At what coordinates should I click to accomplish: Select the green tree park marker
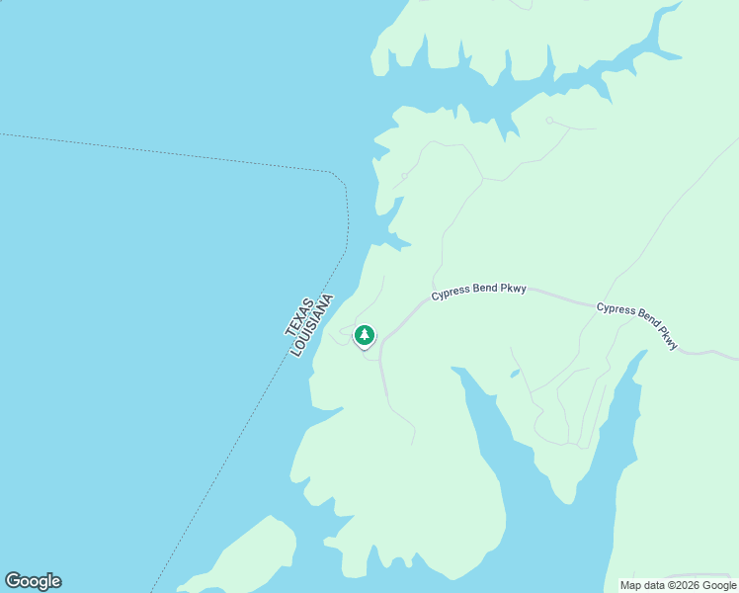point(365,336)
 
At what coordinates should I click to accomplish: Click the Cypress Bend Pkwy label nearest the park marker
point(478,293)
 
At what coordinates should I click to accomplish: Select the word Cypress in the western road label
point(451,295)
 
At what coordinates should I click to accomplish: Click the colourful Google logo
point(33,581)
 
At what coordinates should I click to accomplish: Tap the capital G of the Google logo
point(13,581)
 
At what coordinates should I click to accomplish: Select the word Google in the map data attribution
point(720,585)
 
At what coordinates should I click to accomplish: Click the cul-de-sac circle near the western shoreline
point(404,177)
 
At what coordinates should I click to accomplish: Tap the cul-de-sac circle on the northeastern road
point(549,121)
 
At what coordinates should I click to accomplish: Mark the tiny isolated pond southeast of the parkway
point(514,374)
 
